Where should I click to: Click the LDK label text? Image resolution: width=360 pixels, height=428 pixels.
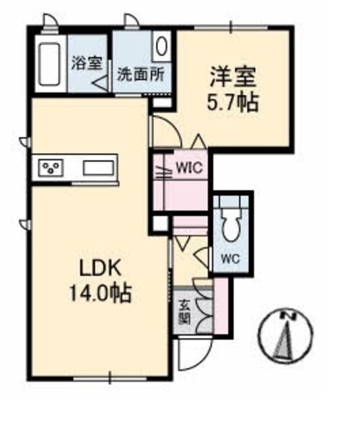pos(100,267)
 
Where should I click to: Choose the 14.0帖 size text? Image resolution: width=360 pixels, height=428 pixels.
pos(100,292)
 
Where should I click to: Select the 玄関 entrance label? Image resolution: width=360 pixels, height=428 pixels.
pos(183,312)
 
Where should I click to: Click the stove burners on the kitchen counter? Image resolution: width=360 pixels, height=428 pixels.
pos(49,167)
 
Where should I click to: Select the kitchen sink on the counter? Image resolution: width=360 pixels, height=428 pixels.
pos(99,167)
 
